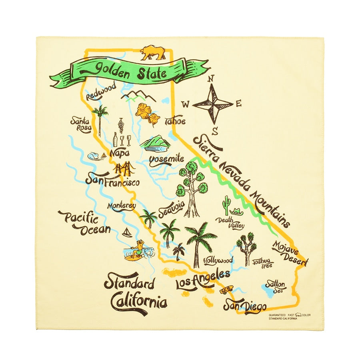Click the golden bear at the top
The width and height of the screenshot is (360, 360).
152,52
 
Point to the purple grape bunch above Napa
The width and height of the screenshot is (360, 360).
121,125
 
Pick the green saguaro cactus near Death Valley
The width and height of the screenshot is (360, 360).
227,205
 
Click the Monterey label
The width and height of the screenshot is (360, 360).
121,206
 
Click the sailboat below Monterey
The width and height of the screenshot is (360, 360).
127,232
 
